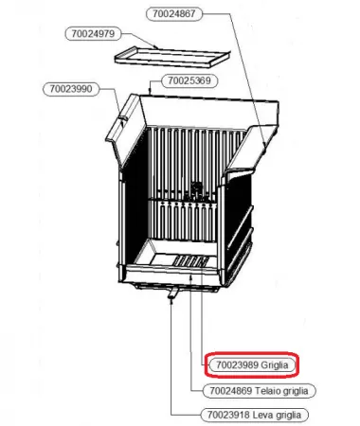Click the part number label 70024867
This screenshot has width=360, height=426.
click(174, 14)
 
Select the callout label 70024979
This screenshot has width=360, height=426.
click(93, 34)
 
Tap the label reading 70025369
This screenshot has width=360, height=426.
click(189, 80)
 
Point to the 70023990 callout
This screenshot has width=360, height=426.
click(71, 89)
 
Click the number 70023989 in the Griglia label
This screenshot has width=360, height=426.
click(237, 365)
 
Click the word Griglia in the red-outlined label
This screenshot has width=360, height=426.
click(275, 365)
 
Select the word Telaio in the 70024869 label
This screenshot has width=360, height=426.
click(267, 391)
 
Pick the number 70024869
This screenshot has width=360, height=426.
click(231, 391)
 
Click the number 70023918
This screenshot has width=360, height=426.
click(228, 415)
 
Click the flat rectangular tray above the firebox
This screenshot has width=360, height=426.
click(172, 57)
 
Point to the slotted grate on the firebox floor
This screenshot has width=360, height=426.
click(190, 261)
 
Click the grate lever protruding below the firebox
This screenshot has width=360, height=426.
click(173, 292)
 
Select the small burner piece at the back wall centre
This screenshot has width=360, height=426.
click(196, 191)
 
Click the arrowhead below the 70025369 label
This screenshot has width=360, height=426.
click(150, 92)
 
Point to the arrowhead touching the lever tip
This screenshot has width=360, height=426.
click(171, 302)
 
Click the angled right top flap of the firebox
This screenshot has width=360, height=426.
click(253, 149)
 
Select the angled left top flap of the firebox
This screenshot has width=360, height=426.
click(124, 130)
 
